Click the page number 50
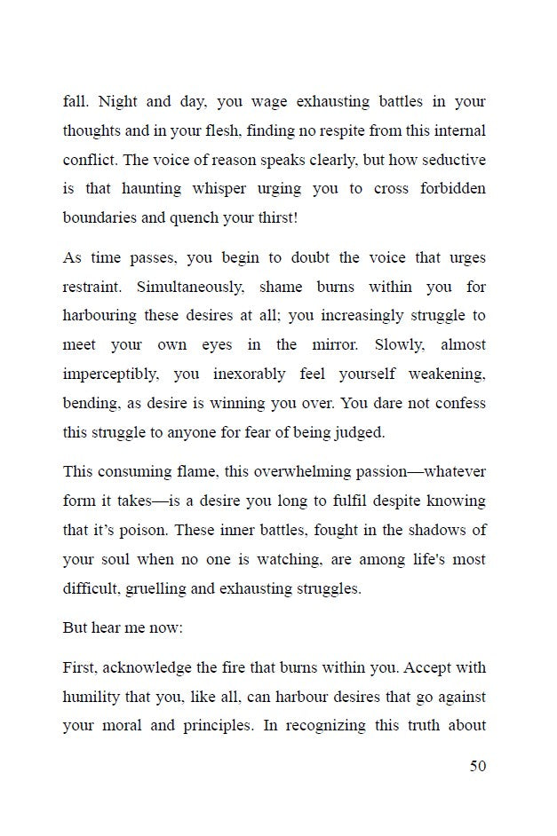[x=478, y=766]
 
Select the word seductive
[x=452, y=159]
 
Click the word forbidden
[x=450, y=188]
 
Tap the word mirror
[x=345, y=344]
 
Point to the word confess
[x=457, y=402]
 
